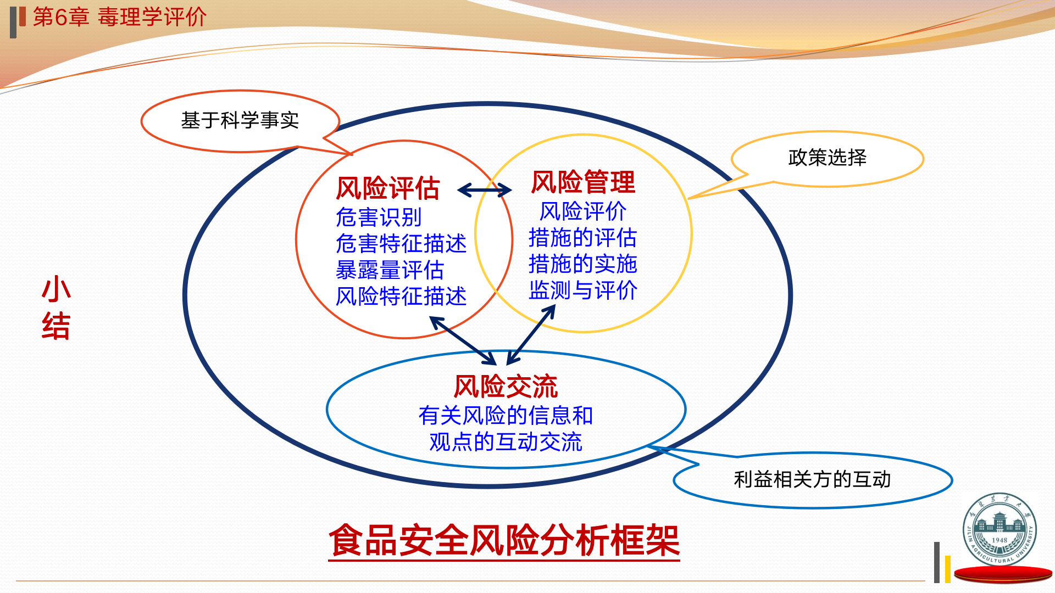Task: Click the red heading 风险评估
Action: [388, 188]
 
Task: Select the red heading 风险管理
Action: [583, 182]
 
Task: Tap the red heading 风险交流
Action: [506, 387]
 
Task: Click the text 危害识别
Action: [379, 217]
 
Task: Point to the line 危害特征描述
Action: [401, 243]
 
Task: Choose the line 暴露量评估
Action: [390, 270]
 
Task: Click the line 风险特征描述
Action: [401, 296]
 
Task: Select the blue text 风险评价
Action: [583, 211]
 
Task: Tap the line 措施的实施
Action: [583, 264]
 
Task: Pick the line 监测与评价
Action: [583, 290]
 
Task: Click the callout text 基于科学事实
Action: [240, 120]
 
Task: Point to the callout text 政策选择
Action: [828, 158]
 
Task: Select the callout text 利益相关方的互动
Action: [812, 479]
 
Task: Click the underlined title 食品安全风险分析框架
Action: [504, 541]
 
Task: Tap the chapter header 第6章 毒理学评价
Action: [120, 17]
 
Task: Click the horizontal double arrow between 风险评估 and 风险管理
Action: [485, 191]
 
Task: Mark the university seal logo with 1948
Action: [1000, 529]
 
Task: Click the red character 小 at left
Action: [56, 289]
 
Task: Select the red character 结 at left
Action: [56, 326]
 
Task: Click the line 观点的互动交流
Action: [506, 442]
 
